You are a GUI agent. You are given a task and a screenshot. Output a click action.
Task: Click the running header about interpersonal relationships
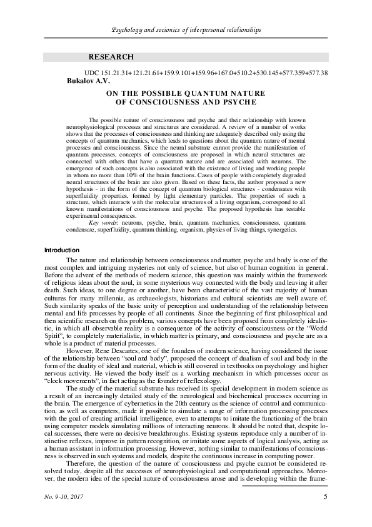(186, 30)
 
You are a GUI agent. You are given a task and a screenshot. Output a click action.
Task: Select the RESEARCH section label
(111, 57)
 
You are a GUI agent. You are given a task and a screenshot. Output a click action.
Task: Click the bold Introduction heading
(62, 250)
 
